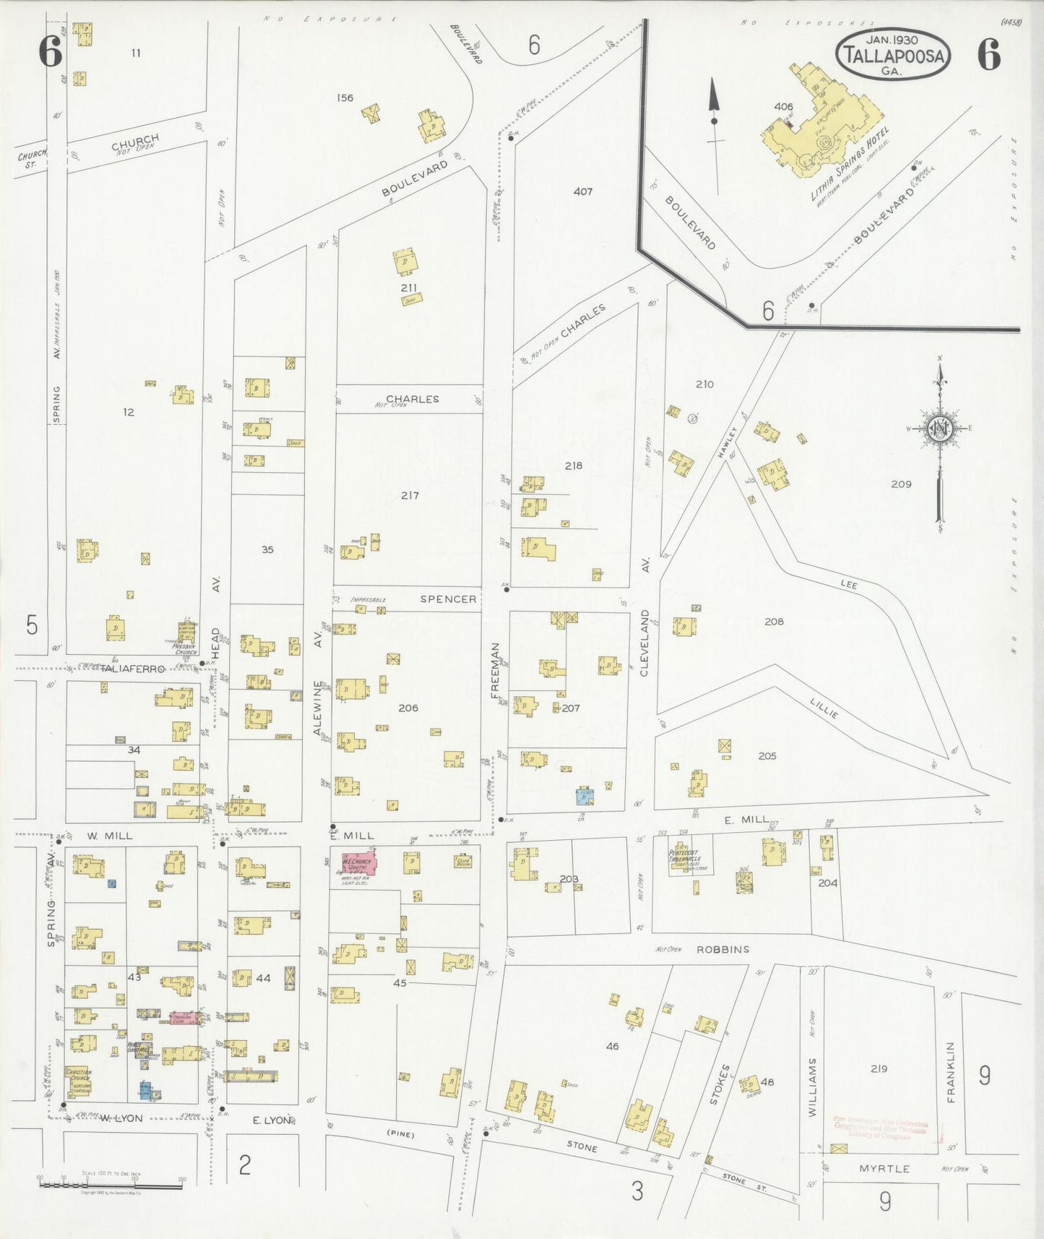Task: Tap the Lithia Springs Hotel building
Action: click(824, 123)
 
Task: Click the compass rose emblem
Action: click(940, 429)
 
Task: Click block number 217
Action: click(409, 496)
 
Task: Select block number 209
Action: click(901, 484)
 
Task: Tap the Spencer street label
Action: click(448, 599)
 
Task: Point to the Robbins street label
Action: click(722, 949)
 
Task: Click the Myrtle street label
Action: click(884, 1169)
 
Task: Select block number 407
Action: click(582, 192)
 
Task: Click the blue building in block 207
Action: click(586, 795)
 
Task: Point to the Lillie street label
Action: click(824, 709)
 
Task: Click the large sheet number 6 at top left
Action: click(50, 52)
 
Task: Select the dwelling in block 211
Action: click(405, 262)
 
